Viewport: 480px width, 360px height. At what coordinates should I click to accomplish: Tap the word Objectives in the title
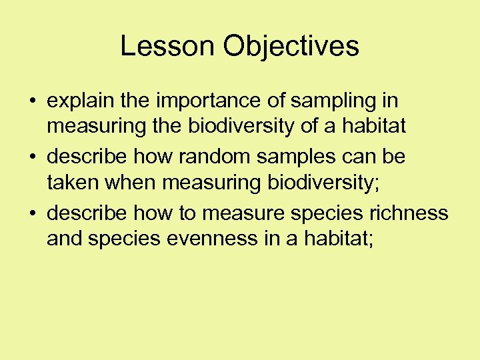tap(291, 46)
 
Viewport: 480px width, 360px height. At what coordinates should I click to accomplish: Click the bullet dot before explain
tap(32, 102)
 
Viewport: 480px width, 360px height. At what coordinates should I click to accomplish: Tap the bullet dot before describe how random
tap(32, 158)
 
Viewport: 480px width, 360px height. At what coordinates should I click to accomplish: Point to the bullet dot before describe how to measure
tap(32, 214)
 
